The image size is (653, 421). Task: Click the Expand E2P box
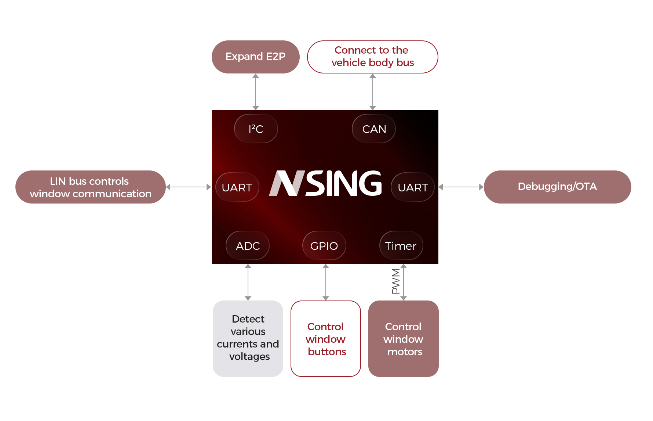[255, 57]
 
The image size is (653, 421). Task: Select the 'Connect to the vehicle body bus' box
[372, 57]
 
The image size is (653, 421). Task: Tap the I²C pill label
[256, 129]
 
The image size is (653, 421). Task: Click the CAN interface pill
[374, 129]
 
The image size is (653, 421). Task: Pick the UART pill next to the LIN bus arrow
[237, 187]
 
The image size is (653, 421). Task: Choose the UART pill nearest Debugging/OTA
[413, 187]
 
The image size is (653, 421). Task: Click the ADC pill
[248, 246]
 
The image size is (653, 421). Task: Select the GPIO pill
[324, 246]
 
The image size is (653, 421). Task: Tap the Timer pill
[401, 246]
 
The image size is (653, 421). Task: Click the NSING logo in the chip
[325, 183]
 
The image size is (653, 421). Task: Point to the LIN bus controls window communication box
[90, 187]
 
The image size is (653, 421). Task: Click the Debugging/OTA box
[557, 187]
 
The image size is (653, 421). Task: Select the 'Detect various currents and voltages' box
[248, 338]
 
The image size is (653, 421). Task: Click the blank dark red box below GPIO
[325, 338]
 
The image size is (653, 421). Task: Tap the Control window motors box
[403, 338]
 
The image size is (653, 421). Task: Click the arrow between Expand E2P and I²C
[255, 92]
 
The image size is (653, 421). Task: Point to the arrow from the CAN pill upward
[372, 92]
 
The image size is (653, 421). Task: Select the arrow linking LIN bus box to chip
[189, 187]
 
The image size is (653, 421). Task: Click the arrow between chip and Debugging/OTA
[461, 187]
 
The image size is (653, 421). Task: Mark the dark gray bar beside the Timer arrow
[395, 281]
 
